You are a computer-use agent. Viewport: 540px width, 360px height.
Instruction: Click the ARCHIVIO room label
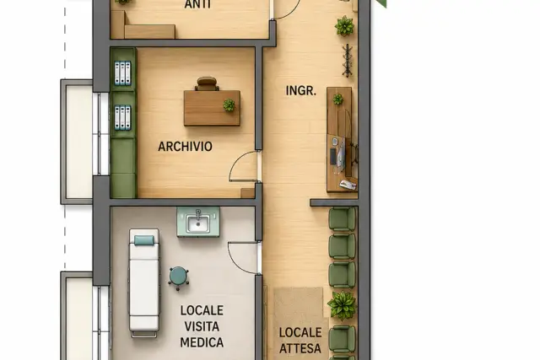185,146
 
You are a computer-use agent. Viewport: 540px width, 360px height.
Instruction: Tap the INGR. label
301,90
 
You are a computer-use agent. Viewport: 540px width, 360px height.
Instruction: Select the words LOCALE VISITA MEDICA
202,326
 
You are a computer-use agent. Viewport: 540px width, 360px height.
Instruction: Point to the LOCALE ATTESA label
300,341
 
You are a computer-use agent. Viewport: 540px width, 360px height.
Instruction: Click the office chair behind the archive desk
207,83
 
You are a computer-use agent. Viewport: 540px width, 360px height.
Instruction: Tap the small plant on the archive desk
229,105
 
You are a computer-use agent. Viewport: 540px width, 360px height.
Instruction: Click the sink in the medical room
198,222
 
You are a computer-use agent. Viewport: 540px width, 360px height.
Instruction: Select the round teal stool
178,277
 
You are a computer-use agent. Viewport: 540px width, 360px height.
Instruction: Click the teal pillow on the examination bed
144,240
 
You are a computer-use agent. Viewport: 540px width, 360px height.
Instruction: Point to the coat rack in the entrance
347,60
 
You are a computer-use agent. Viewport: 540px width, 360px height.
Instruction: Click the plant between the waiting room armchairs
342,305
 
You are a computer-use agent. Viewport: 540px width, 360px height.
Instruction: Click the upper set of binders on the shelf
122,73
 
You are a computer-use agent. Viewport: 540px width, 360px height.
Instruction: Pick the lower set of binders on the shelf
122,118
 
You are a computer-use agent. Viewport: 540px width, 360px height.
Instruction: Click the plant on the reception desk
337,99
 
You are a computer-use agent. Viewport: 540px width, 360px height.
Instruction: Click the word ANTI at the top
197,4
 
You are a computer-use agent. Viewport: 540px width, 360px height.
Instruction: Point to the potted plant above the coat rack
344,26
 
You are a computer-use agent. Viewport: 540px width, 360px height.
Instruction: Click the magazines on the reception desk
348,185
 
